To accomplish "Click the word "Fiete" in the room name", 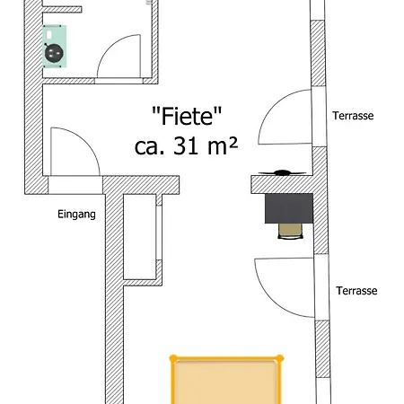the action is click(187, 116).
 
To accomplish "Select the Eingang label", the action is click(76, 215).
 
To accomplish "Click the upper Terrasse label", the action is click(353, 116).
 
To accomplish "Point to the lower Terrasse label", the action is click(356, 291).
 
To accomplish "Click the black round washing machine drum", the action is click(54, 53).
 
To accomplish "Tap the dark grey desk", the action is click(289, 208).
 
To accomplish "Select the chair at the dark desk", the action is click(290, 231).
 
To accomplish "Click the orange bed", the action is click(226, 380).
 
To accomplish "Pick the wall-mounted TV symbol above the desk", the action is click(282, 172).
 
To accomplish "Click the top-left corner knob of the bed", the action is click(173, 358).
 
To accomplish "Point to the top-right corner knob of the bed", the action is click(280, 358).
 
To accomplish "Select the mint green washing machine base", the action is click(54, 47).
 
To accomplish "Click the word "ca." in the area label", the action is click(149, 147).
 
